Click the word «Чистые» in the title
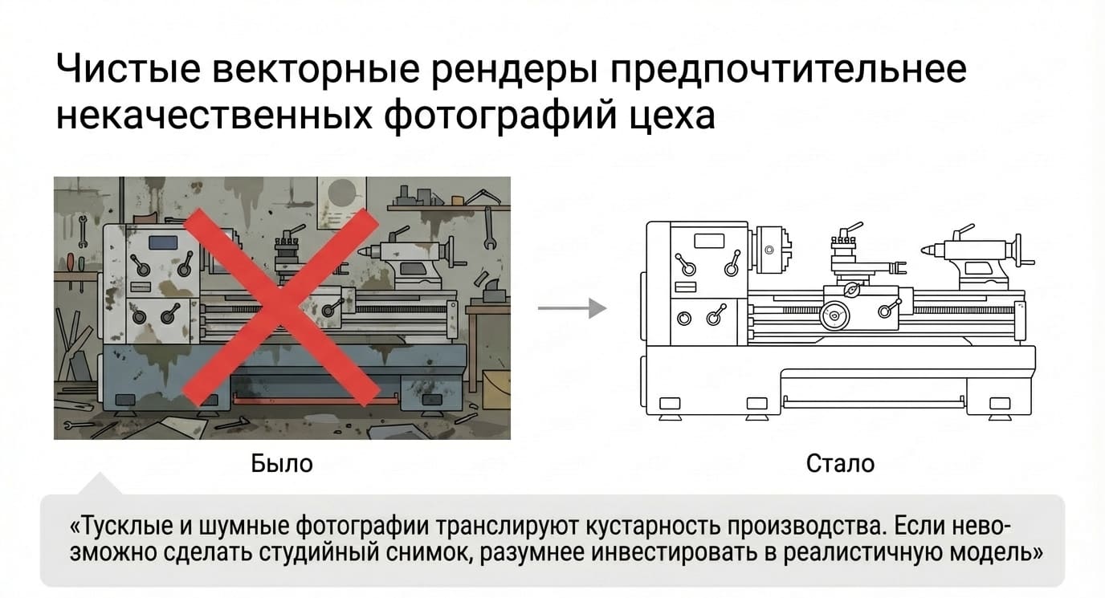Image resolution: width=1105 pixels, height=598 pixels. (128, 68)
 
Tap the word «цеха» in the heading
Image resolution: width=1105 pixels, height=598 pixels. (672, 116)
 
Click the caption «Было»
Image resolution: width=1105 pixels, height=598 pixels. (282, 463)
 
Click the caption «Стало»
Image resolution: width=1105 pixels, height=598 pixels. (840, 463)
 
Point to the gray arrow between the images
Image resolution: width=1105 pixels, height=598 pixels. (573, 308)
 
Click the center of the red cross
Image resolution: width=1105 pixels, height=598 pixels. (281, 307)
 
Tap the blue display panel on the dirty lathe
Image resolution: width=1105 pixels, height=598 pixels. (163, 242)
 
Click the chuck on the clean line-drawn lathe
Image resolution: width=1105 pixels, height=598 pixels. (772, 250)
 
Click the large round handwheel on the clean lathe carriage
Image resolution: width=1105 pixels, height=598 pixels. (834, 315)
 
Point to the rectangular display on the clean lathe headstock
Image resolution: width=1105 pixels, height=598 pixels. (709, 241)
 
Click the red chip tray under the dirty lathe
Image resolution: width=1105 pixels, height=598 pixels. (316, 398)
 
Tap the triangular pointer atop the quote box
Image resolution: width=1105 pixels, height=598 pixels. (100, 484)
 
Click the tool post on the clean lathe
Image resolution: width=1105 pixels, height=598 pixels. (845, 248)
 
